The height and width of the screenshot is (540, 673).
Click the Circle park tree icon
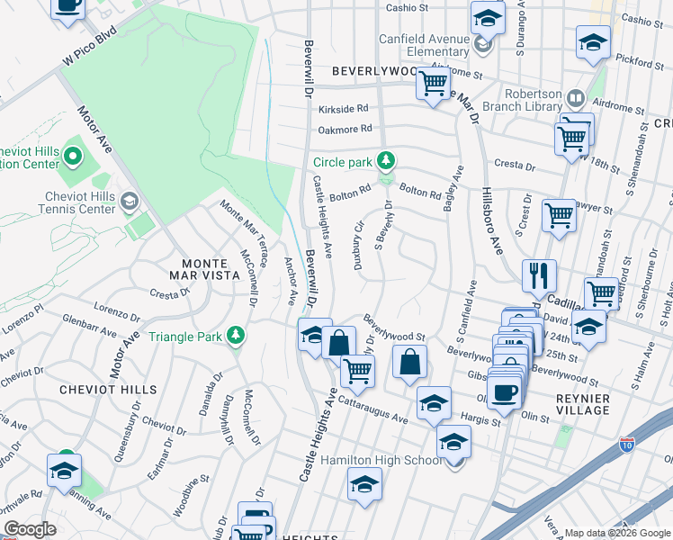point(386,161)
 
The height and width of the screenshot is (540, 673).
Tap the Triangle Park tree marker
point(236,336)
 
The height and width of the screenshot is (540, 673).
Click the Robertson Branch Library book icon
point(573,96)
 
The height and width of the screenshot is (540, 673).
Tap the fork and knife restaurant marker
point(539,274)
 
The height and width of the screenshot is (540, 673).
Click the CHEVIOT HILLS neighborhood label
point(108,390)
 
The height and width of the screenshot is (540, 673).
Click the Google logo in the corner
point(29,529)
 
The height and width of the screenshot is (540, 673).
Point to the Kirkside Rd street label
point(344,108)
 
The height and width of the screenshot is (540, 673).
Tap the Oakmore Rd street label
point(344,129)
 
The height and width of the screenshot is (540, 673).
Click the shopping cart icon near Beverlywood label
point(434,85)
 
